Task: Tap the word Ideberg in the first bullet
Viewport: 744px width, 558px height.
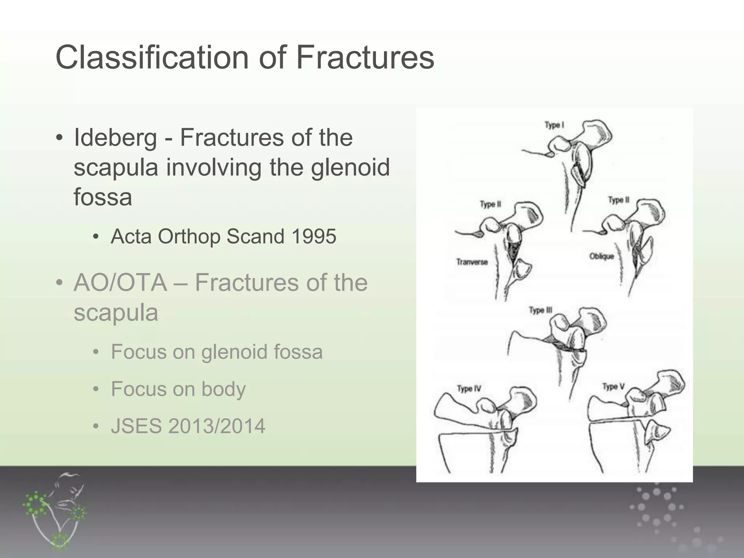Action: [x=115, y=138]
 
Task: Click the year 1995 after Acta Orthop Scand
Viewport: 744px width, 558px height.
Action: [x=314, y=236]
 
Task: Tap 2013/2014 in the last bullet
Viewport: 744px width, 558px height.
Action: [x=217, y=426]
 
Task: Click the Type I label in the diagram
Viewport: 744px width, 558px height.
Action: [x=554, y=125]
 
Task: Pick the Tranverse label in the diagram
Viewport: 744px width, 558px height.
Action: [x=472, y=262]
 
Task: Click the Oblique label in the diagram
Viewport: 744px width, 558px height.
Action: [x=602, y=256]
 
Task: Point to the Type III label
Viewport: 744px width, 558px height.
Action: [x=540, y=311]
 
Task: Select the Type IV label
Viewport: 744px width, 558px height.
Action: [x=469, y=389]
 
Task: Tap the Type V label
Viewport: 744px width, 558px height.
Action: [x=613, y=387]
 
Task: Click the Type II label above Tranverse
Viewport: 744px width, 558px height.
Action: [x=490, y=204]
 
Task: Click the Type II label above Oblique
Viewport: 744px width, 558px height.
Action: [x=619, y=200]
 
